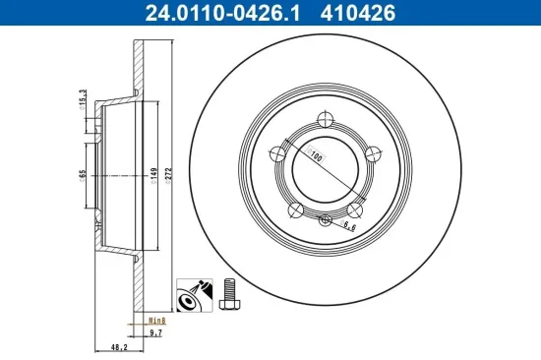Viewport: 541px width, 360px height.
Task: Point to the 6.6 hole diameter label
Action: (x=350, y=227)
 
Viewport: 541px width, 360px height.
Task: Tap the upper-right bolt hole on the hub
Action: (x=374, y=153)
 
